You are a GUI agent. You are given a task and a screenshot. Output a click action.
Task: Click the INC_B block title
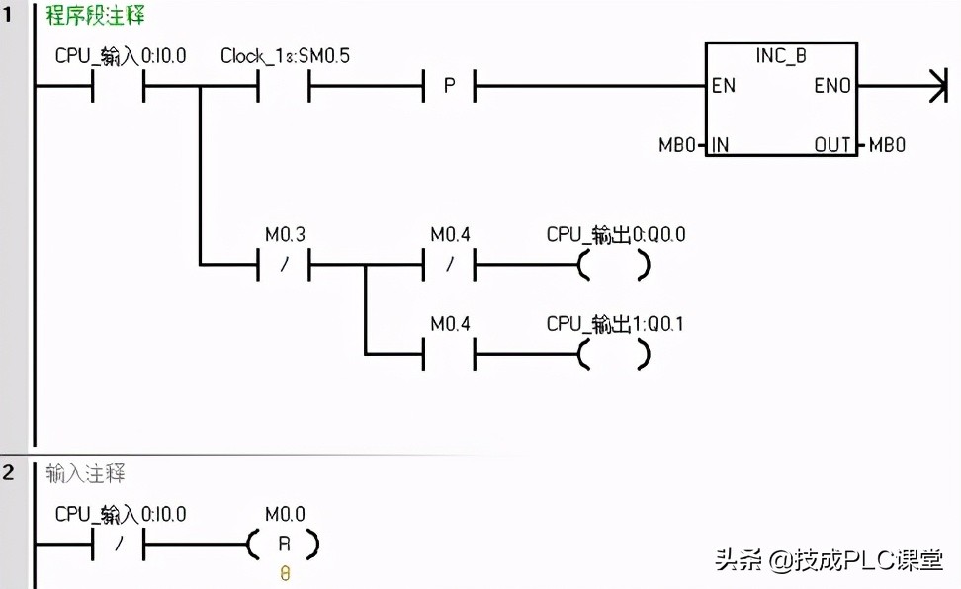point(781,56)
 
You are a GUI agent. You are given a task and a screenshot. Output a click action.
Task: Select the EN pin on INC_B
point(724,86)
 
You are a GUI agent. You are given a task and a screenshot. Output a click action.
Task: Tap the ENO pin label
point(832,86)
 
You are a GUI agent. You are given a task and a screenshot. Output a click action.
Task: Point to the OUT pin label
point(832,145)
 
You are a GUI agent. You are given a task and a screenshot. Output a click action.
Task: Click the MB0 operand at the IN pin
point(679,145)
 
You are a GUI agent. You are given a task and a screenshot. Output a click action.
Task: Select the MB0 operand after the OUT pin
point(887,145)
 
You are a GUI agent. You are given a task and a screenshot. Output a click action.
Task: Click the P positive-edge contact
point(449,86)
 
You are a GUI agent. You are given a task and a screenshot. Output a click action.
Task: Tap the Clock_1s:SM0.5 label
point(285,56)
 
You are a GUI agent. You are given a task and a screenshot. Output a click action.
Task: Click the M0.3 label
point(285,235)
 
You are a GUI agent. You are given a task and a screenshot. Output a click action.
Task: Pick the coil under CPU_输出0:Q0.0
point(614,265)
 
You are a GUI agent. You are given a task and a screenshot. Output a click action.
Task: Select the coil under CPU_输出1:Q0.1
point(614,353)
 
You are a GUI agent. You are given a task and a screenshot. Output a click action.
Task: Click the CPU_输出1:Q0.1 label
point(616,324)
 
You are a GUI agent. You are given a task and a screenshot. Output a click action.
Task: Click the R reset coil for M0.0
point(285,544)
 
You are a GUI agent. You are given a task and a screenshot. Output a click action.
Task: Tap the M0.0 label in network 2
point(285,515)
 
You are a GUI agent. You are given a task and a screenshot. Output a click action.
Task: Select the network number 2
point(9,472)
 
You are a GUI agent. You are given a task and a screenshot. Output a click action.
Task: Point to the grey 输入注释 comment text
point(86,473)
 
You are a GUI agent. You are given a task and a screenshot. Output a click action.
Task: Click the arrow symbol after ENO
point(931,86)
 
